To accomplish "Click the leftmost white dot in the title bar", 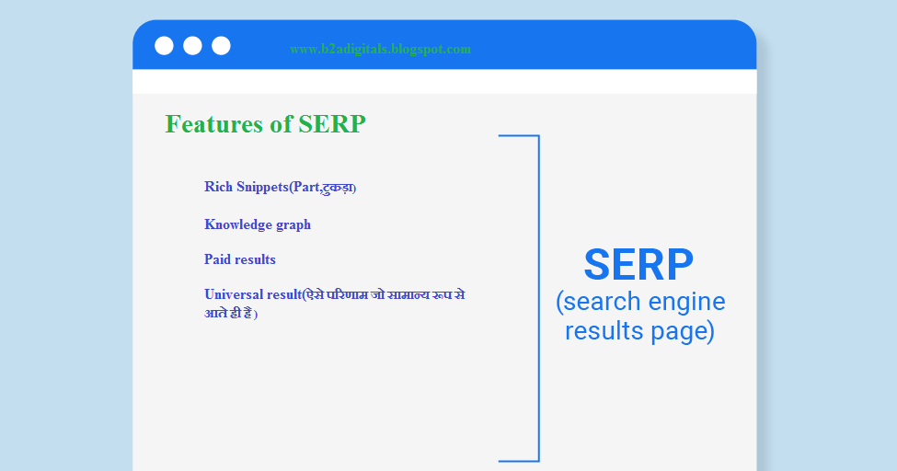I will [164, 45].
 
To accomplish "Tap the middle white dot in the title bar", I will [192, 45].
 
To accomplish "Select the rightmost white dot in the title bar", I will [221, 45].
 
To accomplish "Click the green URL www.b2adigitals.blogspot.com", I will [380, 49].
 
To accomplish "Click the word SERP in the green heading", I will [331, 124].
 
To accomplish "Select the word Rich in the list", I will [218, 187].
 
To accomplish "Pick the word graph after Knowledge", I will [293, 224].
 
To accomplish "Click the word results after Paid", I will [256, 259].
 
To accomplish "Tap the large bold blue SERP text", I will [638, 265].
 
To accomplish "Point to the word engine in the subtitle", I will [687, 302].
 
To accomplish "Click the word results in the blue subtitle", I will [604, 330].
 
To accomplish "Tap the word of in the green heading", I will [281, 124].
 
